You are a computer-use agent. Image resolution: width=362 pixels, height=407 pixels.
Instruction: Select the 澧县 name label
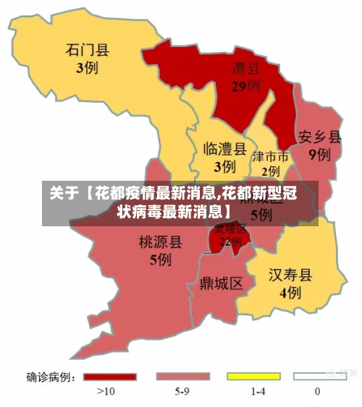coord(246,69)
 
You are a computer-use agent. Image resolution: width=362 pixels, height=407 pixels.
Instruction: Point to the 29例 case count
coord(246,87)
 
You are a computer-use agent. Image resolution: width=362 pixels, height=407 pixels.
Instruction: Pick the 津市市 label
coord(270,157)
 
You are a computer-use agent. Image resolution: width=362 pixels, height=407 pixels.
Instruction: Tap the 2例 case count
coord(271,171)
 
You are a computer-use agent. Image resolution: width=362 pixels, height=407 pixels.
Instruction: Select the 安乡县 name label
coord(319,137)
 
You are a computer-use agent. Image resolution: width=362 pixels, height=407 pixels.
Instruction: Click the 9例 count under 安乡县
coord(319,154)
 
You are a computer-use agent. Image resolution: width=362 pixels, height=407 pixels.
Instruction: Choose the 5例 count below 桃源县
coord(160,260)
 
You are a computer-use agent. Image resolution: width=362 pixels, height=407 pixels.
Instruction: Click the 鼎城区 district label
coord(221,283)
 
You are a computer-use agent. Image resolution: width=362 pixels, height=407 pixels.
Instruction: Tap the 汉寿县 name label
coord(290,275)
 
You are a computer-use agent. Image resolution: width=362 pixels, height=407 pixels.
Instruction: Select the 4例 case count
coord(290,293)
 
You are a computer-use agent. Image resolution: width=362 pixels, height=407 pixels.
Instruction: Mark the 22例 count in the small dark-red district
coord(230,242)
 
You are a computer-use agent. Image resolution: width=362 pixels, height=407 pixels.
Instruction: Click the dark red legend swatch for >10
coord(109,377)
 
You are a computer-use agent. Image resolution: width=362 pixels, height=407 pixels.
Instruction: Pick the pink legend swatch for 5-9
coord(182,377)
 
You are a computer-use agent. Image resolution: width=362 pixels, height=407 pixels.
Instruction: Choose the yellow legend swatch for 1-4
coord(253,377)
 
